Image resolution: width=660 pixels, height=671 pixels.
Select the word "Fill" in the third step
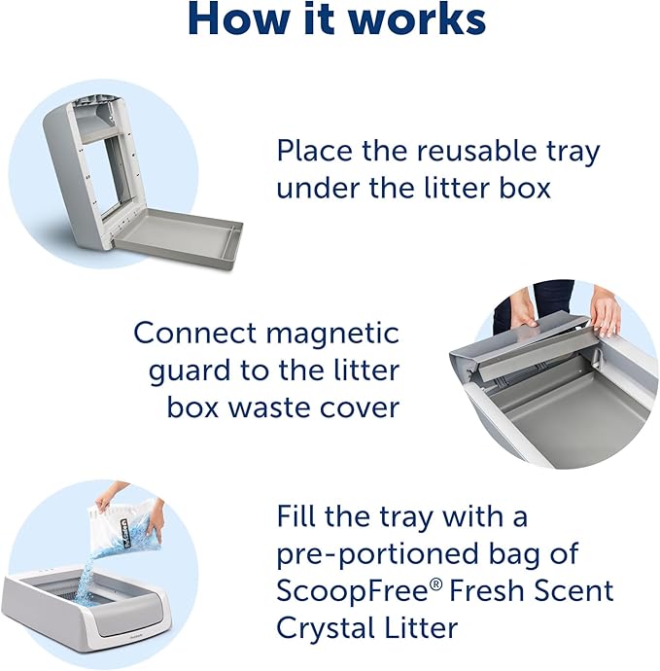[296, 514]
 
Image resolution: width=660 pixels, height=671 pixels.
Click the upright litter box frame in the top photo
[91, 165]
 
